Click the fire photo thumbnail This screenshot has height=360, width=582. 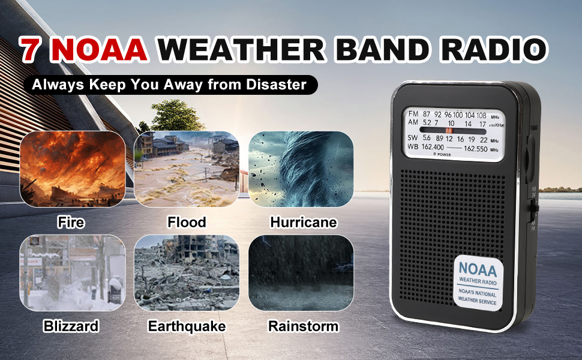tap(73, 169)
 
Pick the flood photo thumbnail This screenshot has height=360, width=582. tap(186, 169)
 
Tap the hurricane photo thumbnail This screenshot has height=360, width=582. tap(301, 169)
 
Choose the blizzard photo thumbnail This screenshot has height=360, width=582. tap(73, 273)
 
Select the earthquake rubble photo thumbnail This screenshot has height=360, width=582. tap(186, 273)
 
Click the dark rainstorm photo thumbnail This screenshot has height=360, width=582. tap(301, 273)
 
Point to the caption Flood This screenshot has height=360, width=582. tap(186, 223)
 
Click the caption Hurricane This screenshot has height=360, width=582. tap(303, 223)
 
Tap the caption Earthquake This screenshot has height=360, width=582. tap(187, 326)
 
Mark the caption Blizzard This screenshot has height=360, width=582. tap(71, 326)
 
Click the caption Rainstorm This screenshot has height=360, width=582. tap(303, 326)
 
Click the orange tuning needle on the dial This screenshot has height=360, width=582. tap(448, 130)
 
